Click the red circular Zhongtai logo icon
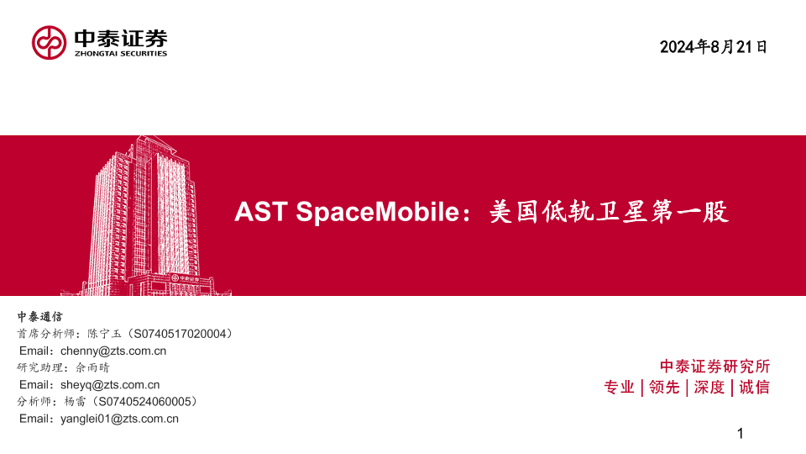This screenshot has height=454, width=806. [49, 43]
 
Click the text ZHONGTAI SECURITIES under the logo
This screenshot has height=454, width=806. [121, 54]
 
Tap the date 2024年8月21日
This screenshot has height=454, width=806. [714, 47]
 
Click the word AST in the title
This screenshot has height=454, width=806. [260, 212]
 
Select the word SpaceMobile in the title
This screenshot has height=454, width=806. [377, 212]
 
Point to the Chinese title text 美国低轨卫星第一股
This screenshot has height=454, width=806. [610, 212]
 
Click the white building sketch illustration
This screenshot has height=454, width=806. [146, 216]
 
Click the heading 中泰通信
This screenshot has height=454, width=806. [40, 317]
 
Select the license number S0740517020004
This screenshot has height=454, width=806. [180, 334]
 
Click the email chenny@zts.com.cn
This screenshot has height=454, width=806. [113, 351]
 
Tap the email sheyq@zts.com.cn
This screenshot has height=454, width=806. [110, 384]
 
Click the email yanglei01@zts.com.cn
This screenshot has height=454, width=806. [119, 419]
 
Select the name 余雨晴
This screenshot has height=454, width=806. [92, 367]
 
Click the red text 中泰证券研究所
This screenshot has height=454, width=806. [715, 367]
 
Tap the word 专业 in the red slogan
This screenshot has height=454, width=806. [620, 387]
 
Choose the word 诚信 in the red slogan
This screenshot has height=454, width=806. [755, 387]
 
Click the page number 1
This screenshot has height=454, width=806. [741, 434]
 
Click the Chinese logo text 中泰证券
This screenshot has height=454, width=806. [121, 39]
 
